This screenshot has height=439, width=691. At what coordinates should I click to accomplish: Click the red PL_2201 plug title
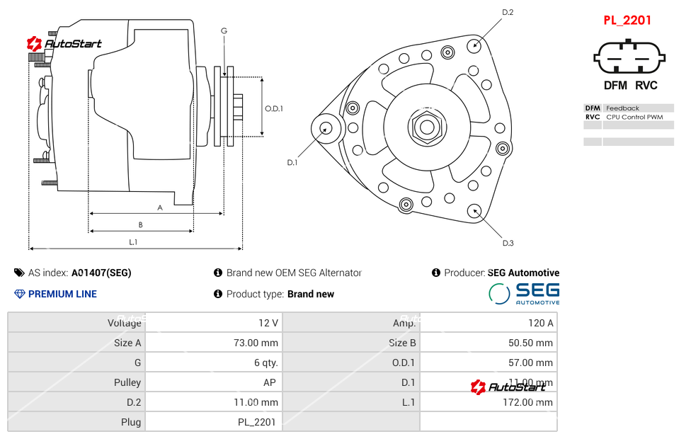[x=627, y=21]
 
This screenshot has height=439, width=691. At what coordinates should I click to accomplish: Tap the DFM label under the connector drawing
[x=615, y=86]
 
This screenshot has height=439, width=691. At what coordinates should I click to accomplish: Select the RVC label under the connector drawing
[x=646, y=86]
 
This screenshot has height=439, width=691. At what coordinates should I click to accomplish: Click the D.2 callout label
[x=508, y=12]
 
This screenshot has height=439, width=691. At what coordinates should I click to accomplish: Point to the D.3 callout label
[x=508, y=243]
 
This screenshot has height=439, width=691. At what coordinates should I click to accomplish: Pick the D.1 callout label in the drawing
[x=292, y=163]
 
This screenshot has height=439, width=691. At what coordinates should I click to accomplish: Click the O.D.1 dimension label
[x=274, y=108]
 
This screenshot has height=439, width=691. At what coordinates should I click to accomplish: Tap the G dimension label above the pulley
[x=224, y=30]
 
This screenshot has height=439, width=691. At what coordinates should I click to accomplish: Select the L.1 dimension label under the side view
[x=133, y=242]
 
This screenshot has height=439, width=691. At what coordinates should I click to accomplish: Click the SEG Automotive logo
[x=525, y=293]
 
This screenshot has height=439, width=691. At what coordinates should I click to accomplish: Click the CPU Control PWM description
[x=634, y=117]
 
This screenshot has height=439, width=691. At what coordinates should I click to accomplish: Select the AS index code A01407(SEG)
[x=101, y=273]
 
